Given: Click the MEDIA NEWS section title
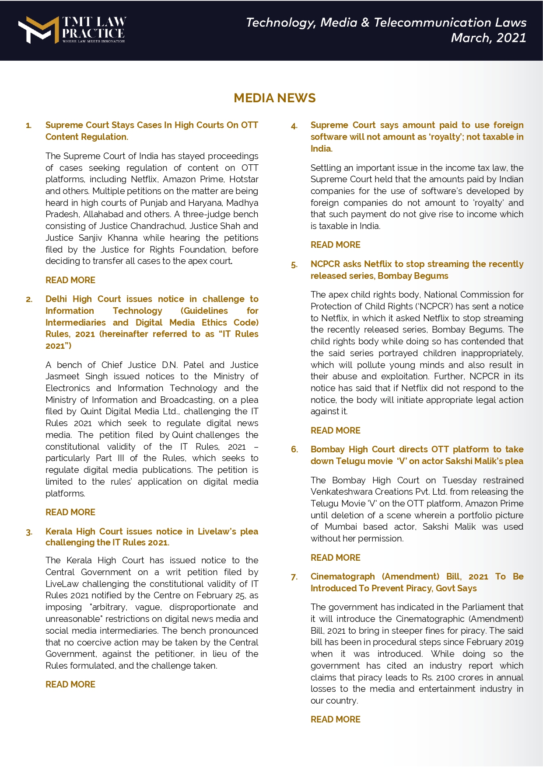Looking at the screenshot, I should point(274,98).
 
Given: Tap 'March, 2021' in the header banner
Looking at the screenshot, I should point(488,38).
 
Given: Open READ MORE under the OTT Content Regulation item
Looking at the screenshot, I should point(70,280).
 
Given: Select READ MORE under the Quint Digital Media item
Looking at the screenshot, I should point(70,512).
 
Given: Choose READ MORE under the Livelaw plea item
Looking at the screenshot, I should point(70,684).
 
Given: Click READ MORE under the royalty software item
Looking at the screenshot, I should point(336,245).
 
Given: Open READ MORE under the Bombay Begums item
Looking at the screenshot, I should point(336,430).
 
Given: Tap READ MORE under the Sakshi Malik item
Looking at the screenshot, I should point(336,558).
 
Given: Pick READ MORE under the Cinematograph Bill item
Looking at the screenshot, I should point(336,719).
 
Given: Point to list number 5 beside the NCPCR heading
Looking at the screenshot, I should point(294,265).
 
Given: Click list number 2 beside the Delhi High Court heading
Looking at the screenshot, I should point(29,300).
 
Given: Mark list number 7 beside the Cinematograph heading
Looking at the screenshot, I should point(294,577).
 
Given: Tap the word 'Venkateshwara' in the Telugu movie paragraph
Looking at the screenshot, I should point(340,492).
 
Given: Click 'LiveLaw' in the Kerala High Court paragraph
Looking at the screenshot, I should point(62,584).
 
